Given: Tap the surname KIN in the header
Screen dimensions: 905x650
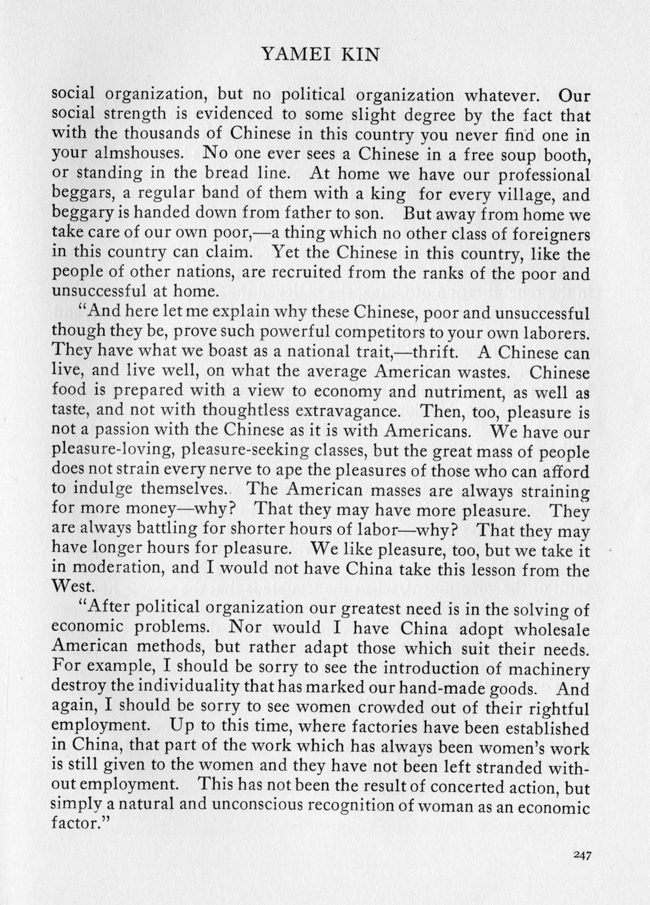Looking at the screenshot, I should [359, 54].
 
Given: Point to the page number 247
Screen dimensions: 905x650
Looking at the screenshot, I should [582, 855].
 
